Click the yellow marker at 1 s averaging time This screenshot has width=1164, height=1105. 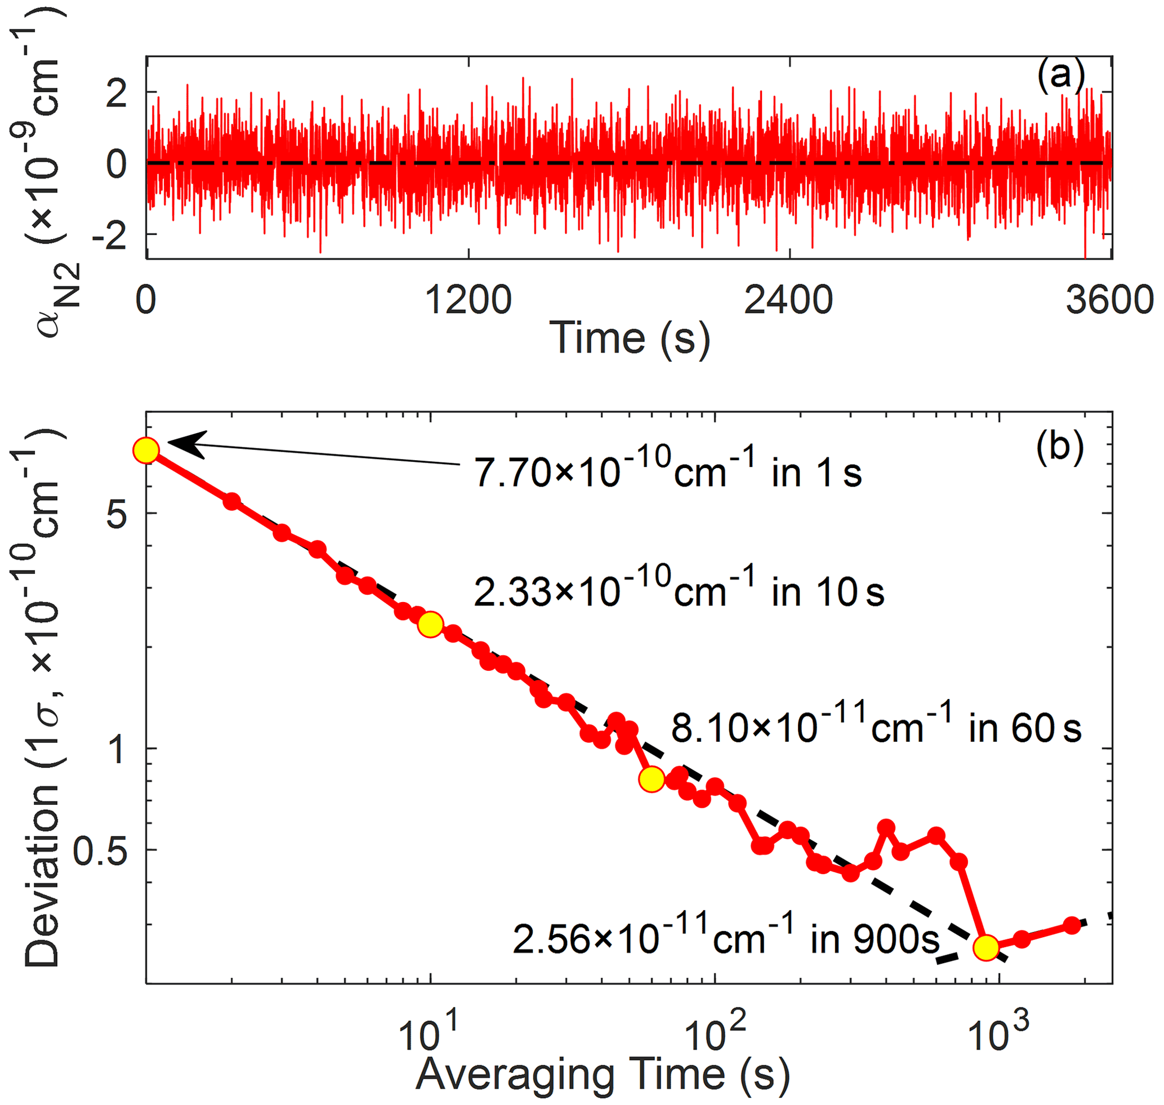146,451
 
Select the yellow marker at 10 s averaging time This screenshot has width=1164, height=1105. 431,625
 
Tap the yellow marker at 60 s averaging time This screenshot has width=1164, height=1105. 652,779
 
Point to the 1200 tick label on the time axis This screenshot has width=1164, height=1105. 468,300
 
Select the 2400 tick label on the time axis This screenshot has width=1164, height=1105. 788,300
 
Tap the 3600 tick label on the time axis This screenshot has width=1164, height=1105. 1109,300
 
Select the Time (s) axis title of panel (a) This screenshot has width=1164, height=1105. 629,338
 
